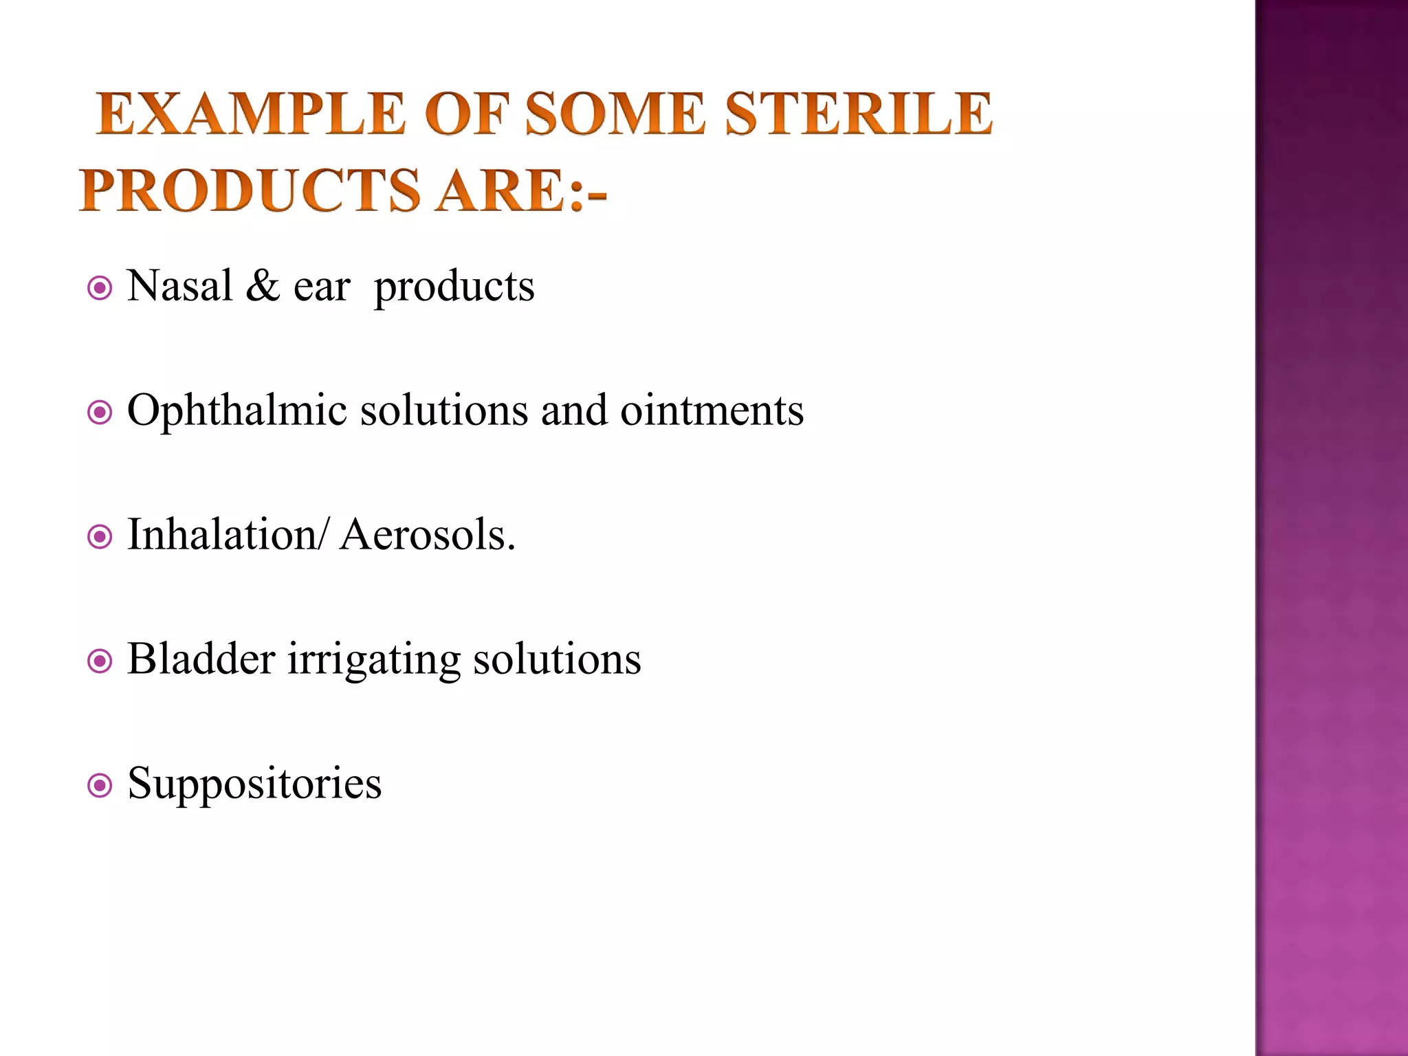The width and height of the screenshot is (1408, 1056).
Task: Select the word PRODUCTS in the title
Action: [250, 190]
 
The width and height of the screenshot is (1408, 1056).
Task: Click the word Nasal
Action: [180, 286]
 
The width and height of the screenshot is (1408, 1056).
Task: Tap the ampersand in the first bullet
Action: [263, 286]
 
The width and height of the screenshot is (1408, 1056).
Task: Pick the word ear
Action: [322, 287]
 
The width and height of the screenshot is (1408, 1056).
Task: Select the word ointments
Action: [712, 410]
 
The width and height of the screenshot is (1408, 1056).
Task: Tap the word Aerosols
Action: [427, 535]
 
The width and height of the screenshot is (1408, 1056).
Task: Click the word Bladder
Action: [201, 659]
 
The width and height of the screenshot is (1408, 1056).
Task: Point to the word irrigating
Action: [374, 661]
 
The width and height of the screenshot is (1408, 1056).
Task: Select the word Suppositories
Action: [254, 784]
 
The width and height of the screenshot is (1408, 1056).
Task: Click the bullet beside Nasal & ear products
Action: [100, 288]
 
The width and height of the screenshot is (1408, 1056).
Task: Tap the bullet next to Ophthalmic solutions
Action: [100, 412]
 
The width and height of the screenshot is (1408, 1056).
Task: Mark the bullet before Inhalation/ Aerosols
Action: [100, 537]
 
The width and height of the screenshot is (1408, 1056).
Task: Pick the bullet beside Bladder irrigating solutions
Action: [100, 661]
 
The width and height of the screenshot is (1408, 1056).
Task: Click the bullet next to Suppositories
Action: [100, 785]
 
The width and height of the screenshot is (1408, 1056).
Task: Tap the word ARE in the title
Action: [503, 190]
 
